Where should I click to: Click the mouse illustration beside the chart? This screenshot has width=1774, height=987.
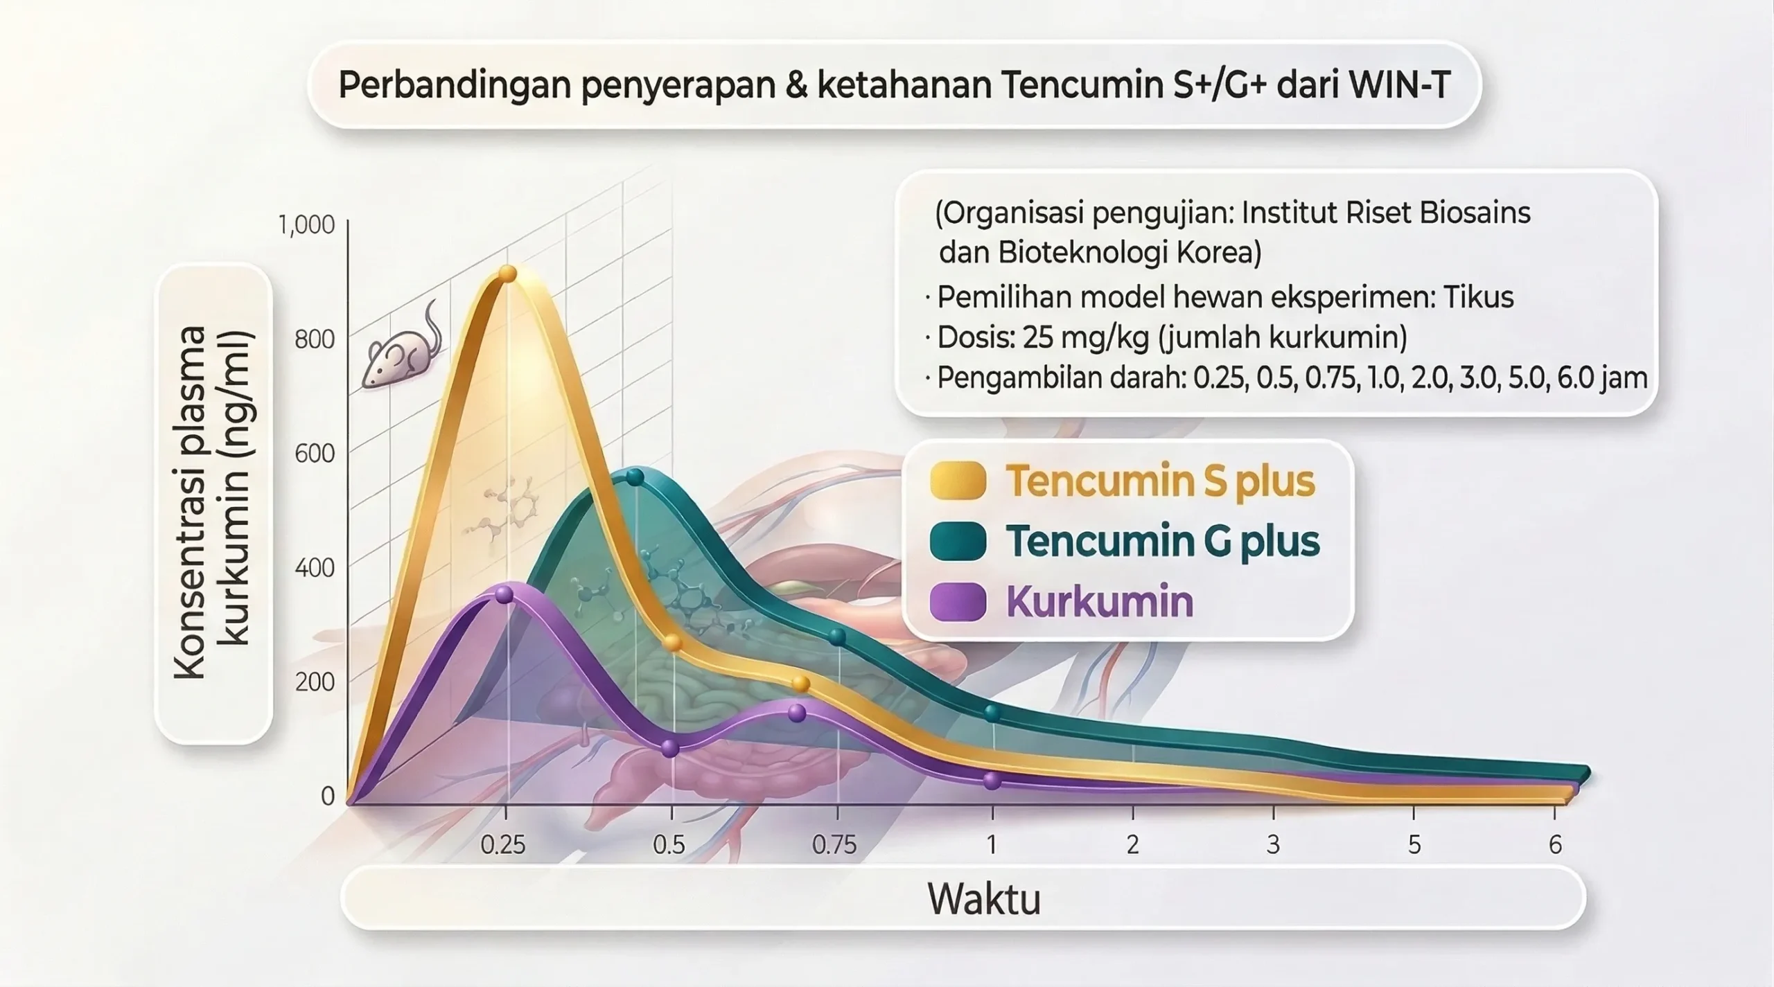coord(402,346)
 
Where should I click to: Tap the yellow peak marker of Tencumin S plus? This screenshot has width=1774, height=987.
coord(508,274)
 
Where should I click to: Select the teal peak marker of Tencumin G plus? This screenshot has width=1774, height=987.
coord(635,477)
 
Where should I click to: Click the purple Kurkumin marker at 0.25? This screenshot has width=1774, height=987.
coord(504,595)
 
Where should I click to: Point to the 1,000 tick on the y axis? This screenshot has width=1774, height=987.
coord(306,224)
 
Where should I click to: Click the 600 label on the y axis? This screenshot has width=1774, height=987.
coord(315,453)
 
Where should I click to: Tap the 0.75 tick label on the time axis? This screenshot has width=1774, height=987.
coord(834,845)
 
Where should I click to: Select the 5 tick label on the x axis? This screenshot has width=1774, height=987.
coord(1414,845)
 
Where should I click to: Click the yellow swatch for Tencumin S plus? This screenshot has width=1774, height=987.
coord(958,481)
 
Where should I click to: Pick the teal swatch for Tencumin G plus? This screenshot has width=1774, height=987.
coord(958,542)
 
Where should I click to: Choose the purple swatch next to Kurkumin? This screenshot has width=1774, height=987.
coord(958,601)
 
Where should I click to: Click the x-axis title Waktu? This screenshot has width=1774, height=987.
coord(984,899)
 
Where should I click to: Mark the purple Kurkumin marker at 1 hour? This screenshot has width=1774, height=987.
coord(992,781)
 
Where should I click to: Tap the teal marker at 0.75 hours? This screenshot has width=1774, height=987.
coord(837,637)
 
